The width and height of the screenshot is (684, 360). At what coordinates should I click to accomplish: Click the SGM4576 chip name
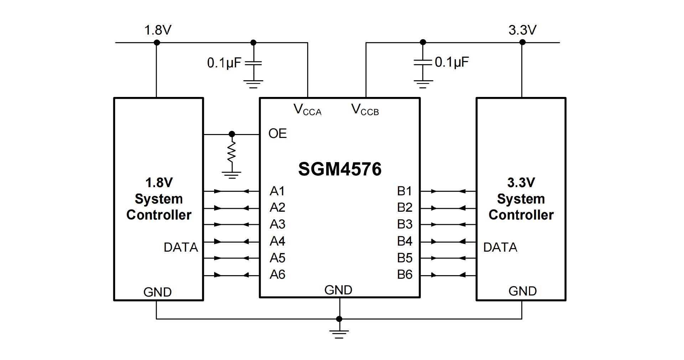(x=340, y=169)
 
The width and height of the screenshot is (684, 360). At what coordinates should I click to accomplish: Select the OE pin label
(x=278, y=134)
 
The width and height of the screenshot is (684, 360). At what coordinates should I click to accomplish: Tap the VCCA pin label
(x=307, y=109)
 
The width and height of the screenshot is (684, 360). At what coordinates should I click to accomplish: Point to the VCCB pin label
(x=365, y=109)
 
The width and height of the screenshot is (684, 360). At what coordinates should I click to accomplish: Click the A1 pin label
(x=277, y=191)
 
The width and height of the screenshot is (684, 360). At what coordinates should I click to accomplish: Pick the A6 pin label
(x=277, y=274)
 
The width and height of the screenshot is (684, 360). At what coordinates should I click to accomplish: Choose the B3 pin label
(x=405, y=224)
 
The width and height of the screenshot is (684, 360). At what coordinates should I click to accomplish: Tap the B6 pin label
(x=405, y=274)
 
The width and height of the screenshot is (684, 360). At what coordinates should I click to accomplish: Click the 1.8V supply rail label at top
(x=157, y=30)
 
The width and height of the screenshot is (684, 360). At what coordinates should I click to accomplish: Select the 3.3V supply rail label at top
(x=522, y=30)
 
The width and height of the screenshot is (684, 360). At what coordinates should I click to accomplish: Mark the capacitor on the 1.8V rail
(x=254, y=63)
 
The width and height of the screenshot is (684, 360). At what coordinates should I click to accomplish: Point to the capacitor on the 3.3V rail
(x=423, y=63)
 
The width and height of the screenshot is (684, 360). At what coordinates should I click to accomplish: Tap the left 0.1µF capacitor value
(x=224, y=63)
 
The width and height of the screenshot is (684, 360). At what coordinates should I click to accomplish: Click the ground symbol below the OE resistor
(x=232, y=174)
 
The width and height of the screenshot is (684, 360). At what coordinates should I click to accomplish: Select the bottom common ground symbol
(x=339, y=334)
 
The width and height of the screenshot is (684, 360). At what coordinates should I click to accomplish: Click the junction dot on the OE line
(x=232, y=134)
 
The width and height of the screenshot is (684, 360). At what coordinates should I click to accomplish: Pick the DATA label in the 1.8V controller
(x=181, y=247)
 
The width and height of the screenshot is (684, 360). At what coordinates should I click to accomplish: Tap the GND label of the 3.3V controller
(x=522, y=291)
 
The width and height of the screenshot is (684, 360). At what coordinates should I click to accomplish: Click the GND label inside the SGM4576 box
(x=338, y=290)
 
